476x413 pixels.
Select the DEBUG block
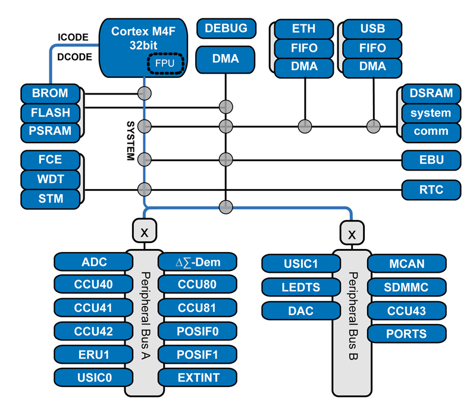(226, 28)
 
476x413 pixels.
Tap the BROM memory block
(50, 93)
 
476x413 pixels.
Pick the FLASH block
(50, 112)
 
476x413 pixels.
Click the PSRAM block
(50, 131)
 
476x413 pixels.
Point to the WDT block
(51, 178)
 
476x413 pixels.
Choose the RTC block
(431, 190)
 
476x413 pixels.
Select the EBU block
(431, 159)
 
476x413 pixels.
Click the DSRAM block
(431, 93)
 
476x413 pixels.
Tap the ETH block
(304, 29)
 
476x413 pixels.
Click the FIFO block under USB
(372, 48)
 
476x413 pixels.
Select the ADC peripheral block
(93, 261)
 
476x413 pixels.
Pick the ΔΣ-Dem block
(198, 261)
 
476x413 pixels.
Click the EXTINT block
(198, 377)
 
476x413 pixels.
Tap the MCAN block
(406, 263)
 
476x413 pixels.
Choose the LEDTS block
(300, 287)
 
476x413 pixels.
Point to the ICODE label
(73, 37)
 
